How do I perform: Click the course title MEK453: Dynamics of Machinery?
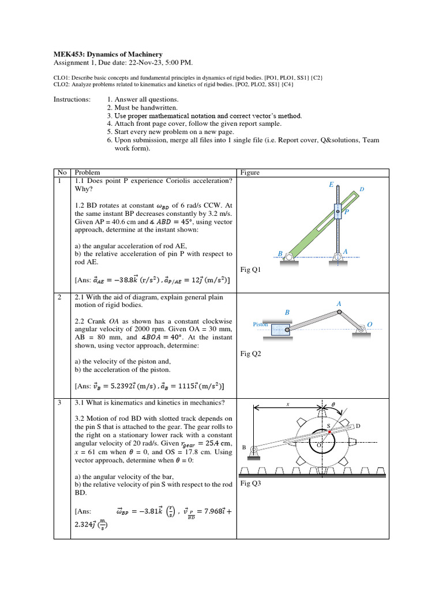pyautogui.click(x=108, y=54)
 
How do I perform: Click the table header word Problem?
pyautogui.click(x=87, y=173)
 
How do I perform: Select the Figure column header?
pyautogui.click(x=249, y=173)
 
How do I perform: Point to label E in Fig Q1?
pyautogui.click(x=331, y=185)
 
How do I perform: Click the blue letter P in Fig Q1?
pyautogui.click(x=346, y=212)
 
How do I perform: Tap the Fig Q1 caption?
pyautogui.click(x=250, y=270)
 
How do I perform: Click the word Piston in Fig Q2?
pyautogui.click(x=261, y=324)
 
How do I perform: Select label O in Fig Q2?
pyautogui.click(x=370, y=325)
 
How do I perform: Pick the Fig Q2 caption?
pyautogui.click(x=250, y=354)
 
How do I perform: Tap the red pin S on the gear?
pyautogui.click(x=329, y=432)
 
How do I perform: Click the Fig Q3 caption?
pyautogui.click(x=250, y=484)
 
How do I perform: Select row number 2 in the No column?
pyautogui.click(x=59, y=297)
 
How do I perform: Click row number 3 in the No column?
pyautogui.click(x=59, y=402)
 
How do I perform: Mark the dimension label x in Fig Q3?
pyautogui.click(x=287, y=405)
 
